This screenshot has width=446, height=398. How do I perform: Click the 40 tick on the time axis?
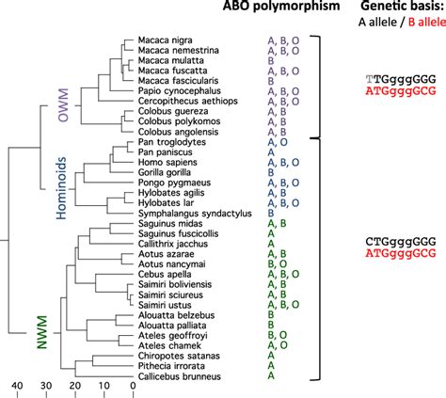pyautogui.click(x=16, y=386)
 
